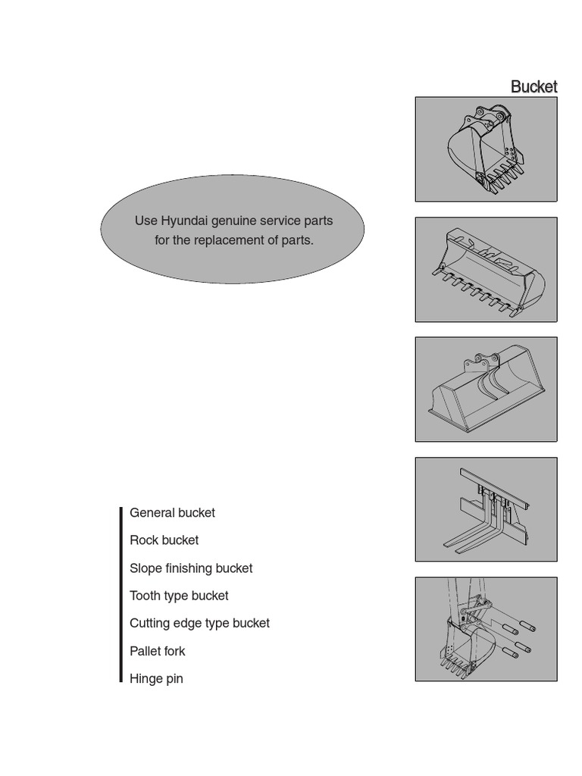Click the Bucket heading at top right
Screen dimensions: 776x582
click(533, 86)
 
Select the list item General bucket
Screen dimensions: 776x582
click(172, 513)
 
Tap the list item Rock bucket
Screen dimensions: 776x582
click(164, 540)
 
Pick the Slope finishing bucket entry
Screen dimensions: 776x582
click(191, 568)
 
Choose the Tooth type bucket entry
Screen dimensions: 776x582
click(179, 596)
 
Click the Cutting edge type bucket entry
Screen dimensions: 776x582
click(199, 623)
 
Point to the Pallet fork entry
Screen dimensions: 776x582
click(157, 651)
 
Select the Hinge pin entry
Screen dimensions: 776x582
click(156, 679)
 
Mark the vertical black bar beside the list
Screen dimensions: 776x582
click(120, 595)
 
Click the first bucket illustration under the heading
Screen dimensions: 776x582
click(486, 149)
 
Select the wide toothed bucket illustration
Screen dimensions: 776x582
click(486, 270)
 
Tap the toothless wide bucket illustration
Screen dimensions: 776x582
click(486, 390)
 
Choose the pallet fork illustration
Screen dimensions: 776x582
click(486, 509)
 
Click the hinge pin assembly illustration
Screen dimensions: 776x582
click(486, 629)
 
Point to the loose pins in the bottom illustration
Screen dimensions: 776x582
click(520, 640)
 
